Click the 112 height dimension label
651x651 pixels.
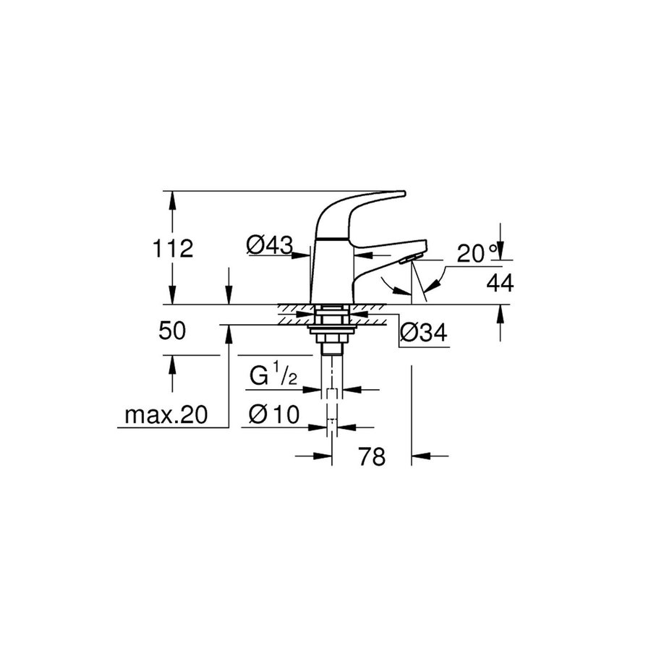pyautogui.click(x=173, y=249)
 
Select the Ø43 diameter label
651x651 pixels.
pyautogui.click(x=268, y=246)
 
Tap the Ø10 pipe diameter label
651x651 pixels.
pyautogui.click(x=273, y=414)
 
